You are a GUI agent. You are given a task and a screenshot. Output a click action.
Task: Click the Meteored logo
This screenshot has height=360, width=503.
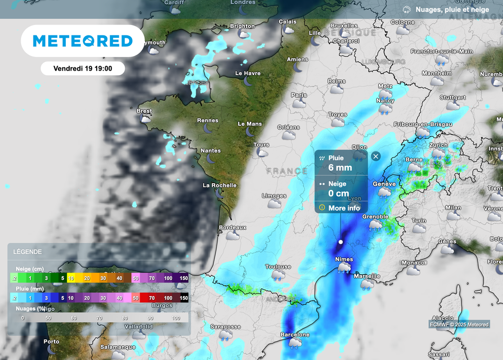coord(83,41)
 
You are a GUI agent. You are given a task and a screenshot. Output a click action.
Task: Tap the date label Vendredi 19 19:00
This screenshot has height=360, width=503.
coord(83,69)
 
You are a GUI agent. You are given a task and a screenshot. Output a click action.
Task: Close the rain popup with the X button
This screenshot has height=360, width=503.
coord(376,157)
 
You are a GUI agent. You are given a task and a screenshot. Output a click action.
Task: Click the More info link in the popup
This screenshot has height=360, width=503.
coord(344,208)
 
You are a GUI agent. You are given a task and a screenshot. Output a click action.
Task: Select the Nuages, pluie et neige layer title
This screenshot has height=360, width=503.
coord(452,9)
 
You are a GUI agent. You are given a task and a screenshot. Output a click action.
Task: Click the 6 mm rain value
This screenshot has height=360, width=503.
coord(340,167)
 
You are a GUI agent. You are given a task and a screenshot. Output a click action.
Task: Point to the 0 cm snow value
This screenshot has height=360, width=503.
coord(338,193)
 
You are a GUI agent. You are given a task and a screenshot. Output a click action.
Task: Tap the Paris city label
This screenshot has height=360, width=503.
coord(299,95)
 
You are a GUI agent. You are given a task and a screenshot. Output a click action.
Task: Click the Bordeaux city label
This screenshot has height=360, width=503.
coord(232,227)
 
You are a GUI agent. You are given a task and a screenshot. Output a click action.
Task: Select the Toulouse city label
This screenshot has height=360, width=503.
coord(278,267)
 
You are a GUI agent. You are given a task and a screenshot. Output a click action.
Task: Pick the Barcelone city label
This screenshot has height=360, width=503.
coord(295,334)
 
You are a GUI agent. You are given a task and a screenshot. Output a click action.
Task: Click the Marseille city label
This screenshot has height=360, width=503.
coord(367,276)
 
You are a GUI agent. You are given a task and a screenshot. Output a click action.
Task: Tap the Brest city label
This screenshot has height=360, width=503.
coord(144,111)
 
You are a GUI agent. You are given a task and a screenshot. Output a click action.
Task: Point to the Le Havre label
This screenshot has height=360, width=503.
coord(248,73)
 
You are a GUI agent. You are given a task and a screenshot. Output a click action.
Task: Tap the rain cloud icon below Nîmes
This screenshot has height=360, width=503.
coord(343,267)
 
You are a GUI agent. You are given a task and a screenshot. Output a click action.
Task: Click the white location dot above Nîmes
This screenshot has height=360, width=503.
coord(340,242)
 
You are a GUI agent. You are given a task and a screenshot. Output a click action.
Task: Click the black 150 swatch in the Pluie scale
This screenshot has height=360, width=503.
coord(184,298)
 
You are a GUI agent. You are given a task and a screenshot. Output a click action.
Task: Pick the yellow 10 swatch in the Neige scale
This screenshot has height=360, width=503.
coord(71,278)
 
